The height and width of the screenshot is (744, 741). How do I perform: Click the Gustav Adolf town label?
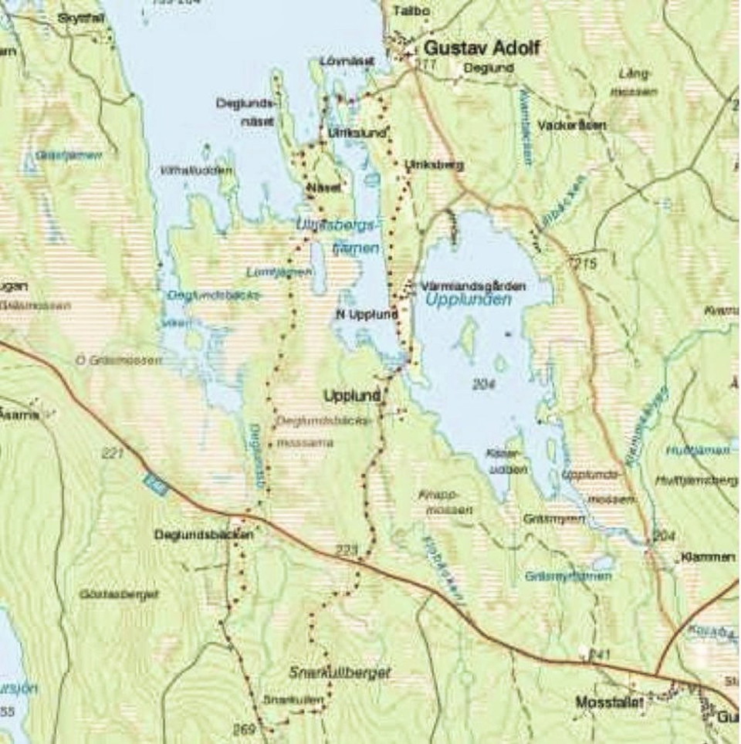tap(482, 48)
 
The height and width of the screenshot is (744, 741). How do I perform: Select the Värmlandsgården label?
tap(474, 286)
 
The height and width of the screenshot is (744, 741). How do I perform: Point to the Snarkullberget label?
tap(340, 673)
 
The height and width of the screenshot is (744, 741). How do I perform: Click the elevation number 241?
tap(599, 655)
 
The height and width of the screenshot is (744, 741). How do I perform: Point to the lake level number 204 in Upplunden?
tap(483, 384)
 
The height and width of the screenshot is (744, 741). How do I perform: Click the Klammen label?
tap(708, 557)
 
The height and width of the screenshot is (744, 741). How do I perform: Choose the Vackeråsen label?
tap(572, 124)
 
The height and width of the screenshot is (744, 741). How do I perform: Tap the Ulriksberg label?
tap(434, 164)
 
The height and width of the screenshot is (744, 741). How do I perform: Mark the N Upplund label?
tap(367, 314)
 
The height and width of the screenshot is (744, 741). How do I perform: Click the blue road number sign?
tap(154, 483)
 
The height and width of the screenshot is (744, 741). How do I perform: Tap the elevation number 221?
tap(112, 454)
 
